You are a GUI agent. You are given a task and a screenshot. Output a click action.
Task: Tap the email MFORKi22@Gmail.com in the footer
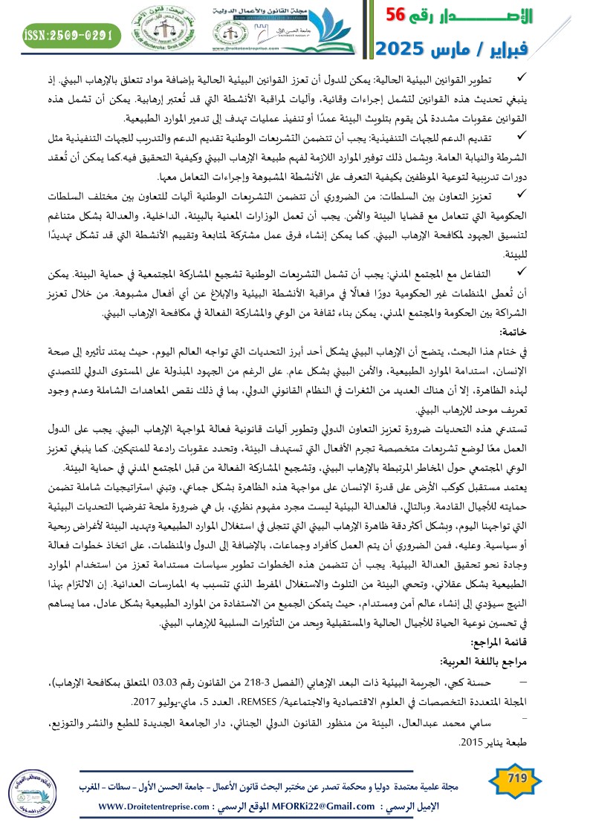(x=328, y=807)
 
